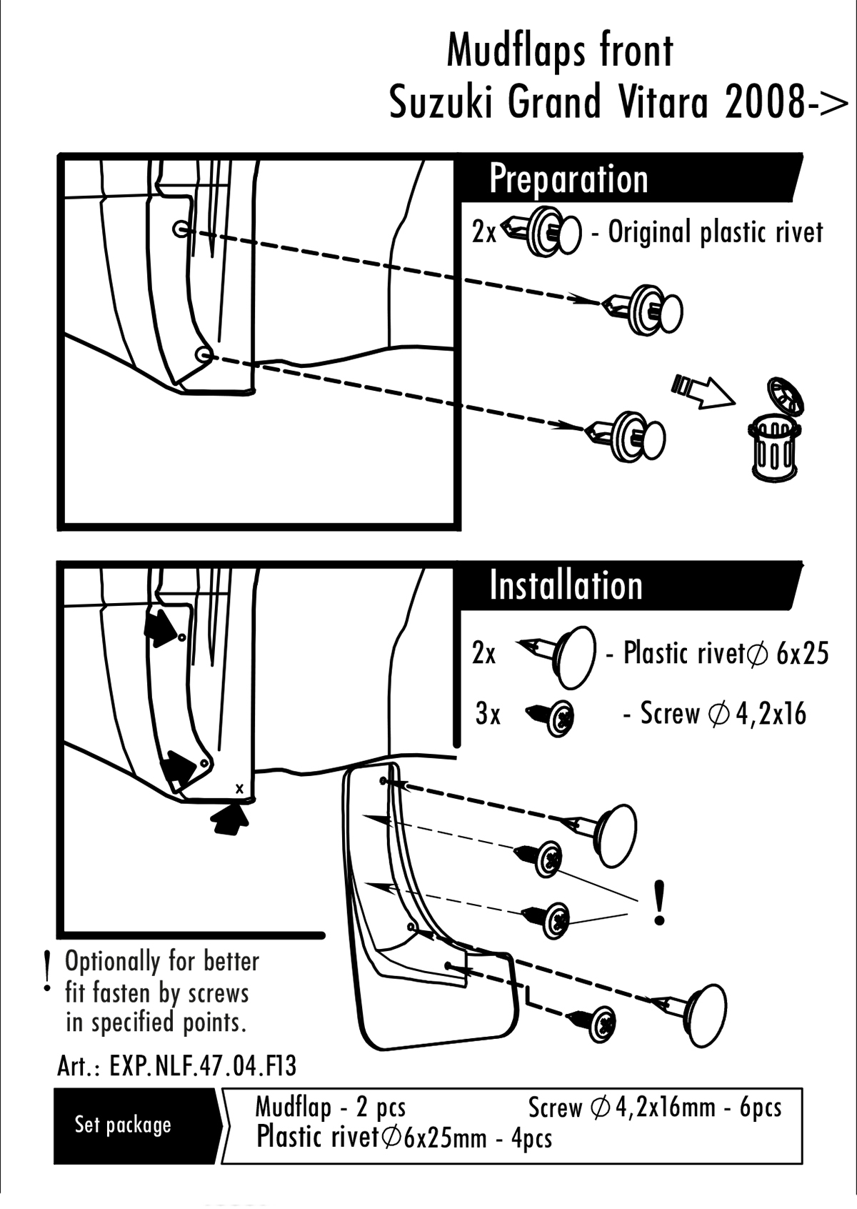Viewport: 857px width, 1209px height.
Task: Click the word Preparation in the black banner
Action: (568, 179)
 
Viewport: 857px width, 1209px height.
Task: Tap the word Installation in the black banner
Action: (566, 586)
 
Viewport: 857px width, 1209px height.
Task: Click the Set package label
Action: (123, 1125)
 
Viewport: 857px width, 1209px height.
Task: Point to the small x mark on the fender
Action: (240, 788)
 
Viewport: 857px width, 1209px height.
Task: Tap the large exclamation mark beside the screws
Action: (659, 902)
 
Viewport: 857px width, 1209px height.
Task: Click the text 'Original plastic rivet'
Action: (715, 233)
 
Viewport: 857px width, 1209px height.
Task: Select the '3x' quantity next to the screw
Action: (488, 714)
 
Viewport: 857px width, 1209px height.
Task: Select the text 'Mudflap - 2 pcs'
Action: (330, 1107)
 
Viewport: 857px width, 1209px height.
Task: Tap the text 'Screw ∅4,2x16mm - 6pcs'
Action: (655, 1107)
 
